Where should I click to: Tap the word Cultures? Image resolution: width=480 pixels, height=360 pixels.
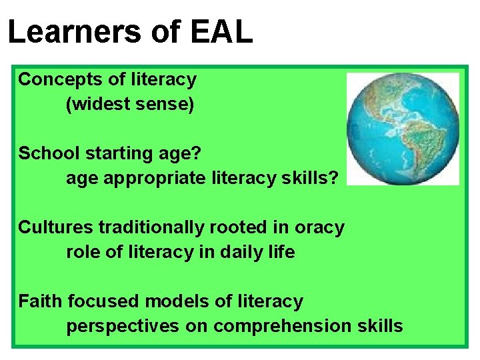tap(56, 227)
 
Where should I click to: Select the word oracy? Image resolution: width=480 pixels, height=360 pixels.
tap(319, 227)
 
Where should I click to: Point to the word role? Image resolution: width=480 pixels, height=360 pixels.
tap(81, 253)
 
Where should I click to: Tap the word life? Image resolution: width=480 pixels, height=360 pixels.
tap(283, 253)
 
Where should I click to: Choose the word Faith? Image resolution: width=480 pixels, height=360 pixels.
tap(40, 301)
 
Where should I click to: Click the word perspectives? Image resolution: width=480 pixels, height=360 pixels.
tap(123, 327)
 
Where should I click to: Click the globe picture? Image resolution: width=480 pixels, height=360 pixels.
tap(403, 129)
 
